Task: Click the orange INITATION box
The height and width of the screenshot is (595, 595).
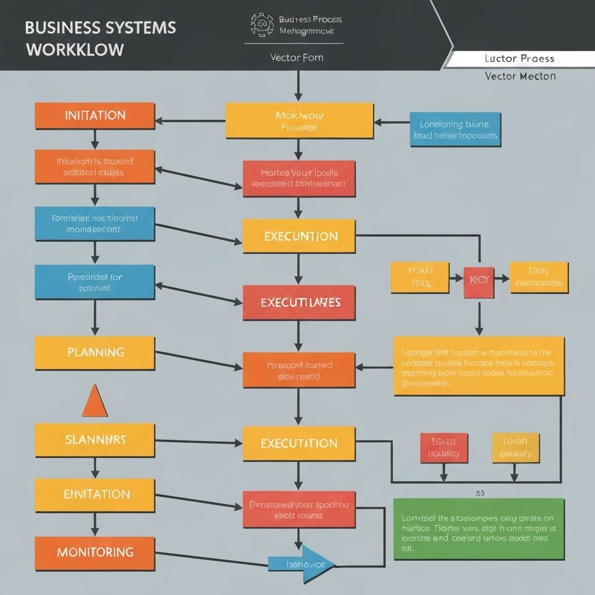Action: point(95,115)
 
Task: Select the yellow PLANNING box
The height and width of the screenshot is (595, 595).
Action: point(95,353)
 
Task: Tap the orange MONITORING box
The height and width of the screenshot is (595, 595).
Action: point(95,553)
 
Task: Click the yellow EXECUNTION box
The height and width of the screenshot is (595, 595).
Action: point(299,236)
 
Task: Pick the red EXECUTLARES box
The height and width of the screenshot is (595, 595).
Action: point(299,303)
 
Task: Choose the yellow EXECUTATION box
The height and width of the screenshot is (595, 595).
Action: point(299,443)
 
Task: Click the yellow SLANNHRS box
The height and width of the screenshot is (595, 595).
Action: point(95,440)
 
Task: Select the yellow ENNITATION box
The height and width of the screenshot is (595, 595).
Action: point(95,494)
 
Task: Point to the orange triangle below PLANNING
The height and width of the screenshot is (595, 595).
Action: point(95,402)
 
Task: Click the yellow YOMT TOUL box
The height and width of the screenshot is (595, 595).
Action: point(420,277)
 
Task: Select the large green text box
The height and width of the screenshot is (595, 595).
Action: point(478,529)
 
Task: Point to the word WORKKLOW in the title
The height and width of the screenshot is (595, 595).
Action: point(75,49)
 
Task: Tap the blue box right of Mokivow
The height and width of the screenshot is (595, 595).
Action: point(455,130)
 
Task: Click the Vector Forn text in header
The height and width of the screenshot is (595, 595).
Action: point(296,58)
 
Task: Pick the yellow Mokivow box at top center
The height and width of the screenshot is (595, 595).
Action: point(299,121)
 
